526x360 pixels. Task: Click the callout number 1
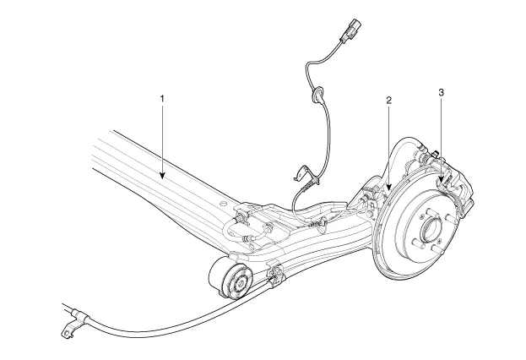pyautogui.click(x=161, y=99)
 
